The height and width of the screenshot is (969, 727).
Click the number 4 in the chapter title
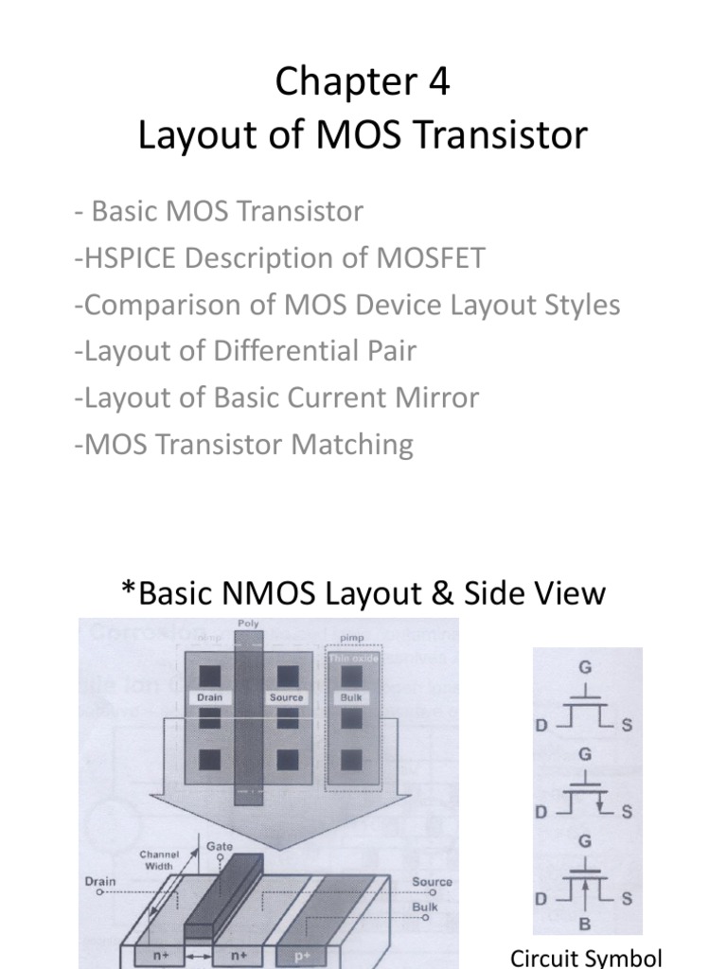(438, 83)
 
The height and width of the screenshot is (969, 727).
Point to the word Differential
(282, 351)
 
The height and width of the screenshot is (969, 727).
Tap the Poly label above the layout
(250, 625)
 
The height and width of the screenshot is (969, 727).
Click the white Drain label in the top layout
(208, 697)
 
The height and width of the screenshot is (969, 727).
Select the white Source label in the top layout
(286, 697)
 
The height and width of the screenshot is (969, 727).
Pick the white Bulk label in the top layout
(352, 697)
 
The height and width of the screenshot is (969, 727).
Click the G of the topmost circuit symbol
(586, 667)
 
